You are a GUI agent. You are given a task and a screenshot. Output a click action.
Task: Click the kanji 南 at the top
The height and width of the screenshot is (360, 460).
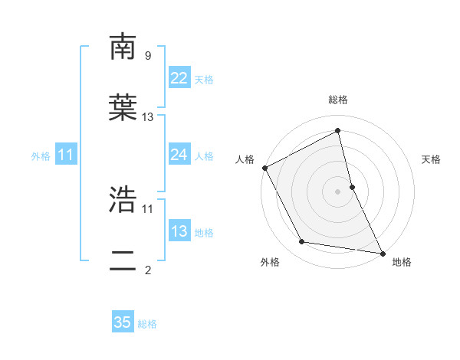click(x=123, y=47)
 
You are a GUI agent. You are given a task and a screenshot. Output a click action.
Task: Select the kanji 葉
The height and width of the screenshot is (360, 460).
click(x=123, y=108)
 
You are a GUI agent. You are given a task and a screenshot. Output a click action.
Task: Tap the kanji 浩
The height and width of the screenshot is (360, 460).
click(x=123, y=200)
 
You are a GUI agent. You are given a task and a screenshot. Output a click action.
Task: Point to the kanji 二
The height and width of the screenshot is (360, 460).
click(x=123, y=260)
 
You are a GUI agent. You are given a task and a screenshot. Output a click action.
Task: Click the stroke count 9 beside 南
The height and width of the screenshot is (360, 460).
click(x=147, y=55)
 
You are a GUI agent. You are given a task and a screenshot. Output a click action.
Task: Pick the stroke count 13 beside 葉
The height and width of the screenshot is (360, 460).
click(x=148, y=116)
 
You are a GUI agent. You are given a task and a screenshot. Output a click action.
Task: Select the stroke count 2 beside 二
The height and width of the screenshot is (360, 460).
click(x=147, y=270)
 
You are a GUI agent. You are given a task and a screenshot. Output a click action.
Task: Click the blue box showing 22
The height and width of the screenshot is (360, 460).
click(x=179, y=78)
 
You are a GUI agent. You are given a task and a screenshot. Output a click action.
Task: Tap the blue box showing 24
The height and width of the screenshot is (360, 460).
click(x=179, y=155)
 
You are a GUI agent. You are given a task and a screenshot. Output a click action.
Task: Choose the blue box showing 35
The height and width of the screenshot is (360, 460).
click(x=123, y=322)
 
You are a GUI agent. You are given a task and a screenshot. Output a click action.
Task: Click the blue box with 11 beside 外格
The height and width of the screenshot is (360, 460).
click(x=66, y=155)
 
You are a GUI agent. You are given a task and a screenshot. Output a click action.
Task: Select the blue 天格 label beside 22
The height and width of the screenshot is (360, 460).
click(x=204, y=80)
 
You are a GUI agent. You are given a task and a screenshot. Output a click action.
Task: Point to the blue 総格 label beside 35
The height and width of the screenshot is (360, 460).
click(x=147, y=324)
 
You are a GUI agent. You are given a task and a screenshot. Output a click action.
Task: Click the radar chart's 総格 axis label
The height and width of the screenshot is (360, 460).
click(x=338, y=100)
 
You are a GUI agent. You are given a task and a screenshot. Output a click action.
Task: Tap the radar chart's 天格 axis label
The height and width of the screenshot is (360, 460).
click(x=432, y=159)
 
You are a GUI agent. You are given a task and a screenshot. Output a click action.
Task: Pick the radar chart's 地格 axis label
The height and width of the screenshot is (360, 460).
click(x=402, y=262)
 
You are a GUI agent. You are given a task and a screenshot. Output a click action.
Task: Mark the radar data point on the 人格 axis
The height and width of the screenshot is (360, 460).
click(x=264, y=167)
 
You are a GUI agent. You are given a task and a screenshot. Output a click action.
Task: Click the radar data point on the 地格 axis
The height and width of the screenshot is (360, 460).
click(x=382, y=252)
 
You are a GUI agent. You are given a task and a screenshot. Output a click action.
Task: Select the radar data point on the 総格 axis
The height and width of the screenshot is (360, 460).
click(x=338, y=130)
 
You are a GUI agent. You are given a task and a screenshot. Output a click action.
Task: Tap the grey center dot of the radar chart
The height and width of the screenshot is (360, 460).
click(x=338, y=191)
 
